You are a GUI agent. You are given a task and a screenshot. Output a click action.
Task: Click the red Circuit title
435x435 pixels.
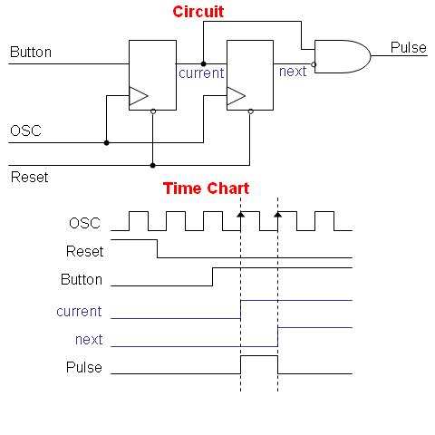click(198, 12)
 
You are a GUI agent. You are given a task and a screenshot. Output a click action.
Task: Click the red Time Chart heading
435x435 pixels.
click(206, 188)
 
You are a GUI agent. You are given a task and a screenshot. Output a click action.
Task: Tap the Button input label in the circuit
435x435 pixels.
click(31, 52)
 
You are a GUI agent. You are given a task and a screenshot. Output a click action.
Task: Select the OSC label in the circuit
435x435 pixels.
click(25, 130)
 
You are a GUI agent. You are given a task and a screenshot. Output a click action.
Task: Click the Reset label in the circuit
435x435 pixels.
click(30, 177)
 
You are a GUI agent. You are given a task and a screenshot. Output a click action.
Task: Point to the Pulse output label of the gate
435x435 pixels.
click(409, 47)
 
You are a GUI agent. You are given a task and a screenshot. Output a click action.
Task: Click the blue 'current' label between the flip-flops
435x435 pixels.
click(201, 73)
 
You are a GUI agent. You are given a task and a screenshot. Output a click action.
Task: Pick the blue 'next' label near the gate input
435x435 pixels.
click(293, 72)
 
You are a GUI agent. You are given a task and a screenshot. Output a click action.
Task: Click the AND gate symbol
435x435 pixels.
click(343, 56)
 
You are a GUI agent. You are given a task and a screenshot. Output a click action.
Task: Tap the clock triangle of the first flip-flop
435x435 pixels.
click(139, 96)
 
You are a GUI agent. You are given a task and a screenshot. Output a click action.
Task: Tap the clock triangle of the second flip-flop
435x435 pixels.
click(236, 96)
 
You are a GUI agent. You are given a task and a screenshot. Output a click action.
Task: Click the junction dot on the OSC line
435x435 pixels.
click(106, 142)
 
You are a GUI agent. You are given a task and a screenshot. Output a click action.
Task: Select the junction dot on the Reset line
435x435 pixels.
click(153, 165)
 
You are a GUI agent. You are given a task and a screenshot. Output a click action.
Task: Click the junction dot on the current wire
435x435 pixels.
click(203, 63)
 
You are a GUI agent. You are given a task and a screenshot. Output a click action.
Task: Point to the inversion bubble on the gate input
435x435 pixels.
click(314, 64)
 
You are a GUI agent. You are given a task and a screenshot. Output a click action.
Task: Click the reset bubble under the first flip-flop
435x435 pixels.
click(153, 111)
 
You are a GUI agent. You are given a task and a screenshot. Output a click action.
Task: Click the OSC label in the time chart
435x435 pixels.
click(84, 223)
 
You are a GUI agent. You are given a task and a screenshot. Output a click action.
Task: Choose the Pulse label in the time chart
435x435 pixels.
click(84, 367)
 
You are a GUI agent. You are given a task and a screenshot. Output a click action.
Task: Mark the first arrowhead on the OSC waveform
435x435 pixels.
click(240, 215)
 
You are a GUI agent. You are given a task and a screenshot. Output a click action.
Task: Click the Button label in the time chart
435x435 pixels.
click(82, 279)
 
